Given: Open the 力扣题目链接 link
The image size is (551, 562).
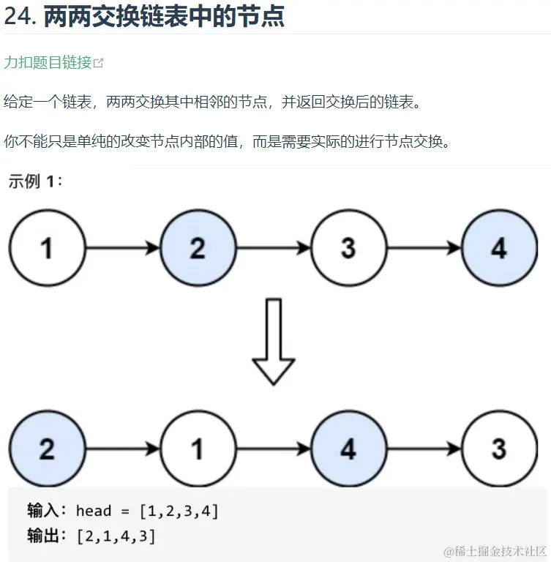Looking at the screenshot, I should click(48, 63).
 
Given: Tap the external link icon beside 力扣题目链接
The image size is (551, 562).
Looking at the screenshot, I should click(99, 64).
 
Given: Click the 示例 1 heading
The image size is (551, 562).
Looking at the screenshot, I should click(35, 181).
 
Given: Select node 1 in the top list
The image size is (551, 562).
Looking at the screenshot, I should click(47, 248).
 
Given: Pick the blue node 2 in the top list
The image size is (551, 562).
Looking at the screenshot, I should click(198, 248).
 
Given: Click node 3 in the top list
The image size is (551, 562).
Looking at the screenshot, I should click(348, 248).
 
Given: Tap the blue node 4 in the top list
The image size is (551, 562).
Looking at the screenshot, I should click(499, 248).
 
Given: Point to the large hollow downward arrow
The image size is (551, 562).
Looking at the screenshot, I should click(273, 341).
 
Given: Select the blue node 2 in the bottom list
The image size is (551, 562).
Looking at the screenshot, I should click(47, 448).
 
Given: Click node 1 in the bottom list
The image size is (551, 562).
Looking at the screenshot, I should click(198, 448).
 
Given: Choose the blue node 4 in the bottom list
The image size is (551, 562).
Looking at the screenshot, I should click(348, 448).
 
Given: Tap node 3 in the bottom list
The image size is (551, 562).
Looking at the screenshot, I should click(499, 448).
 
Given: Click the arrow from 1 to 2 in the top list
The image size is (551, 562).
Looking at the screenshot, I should click(122, 248).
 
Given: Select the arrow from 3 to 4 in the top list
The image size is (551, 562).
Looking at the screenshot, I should click(424, 248).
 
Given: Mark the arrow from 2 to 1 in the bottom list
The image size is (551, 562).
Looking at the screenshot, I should click(122, 448).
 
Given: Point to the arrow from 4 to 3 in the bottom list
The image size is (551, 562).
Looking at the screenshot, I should click(424, 448).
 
